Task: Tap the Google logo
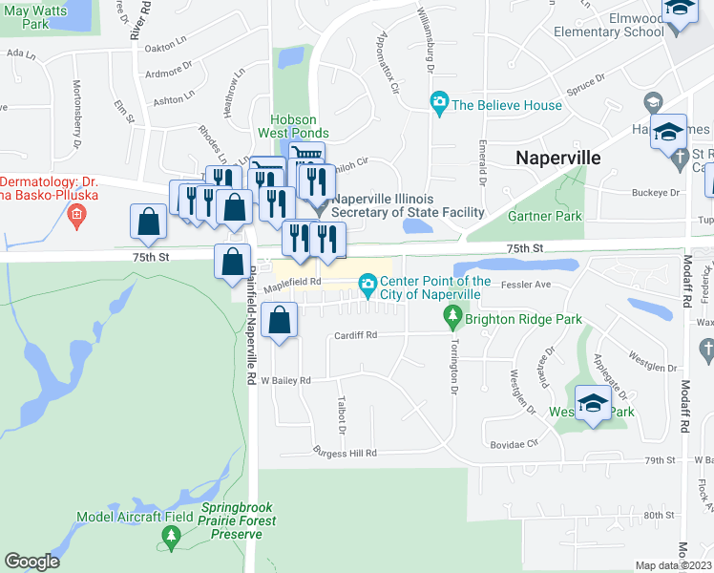[32, 562]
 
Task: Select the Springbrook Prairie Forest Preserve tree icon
[171, 541]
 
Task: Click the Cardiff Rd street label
[356, 335]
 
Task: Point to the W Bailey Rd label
[285, 380]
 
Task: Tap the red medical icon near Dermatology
[77, 213]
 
